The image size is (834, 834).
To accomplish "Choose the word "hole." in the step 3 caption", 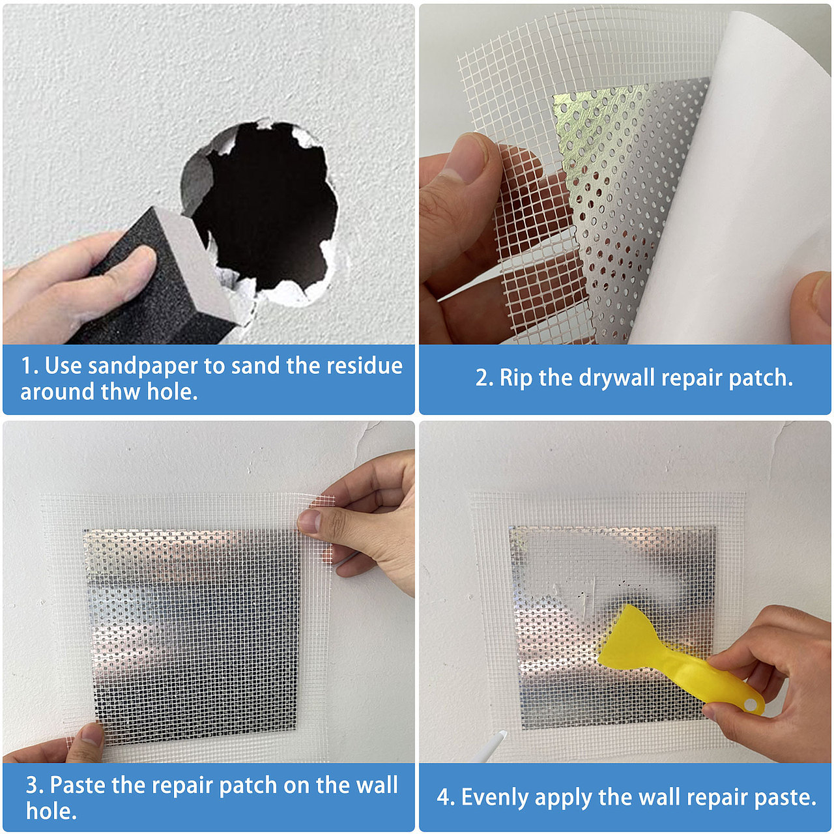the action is point(51,811).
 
